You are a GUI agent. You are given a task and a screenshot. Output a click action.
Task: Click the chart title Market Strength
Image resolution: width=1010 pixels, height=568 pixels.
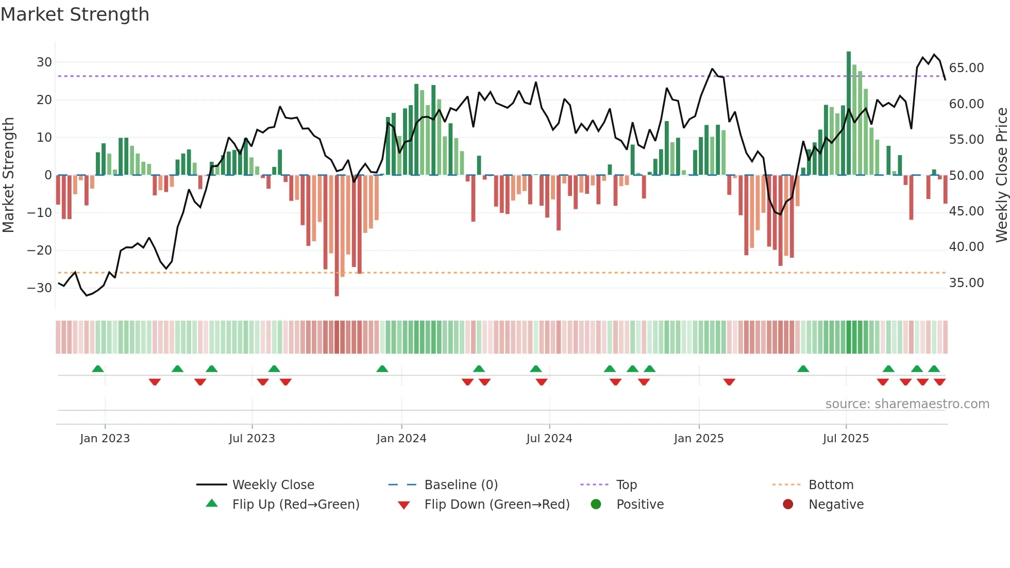(75, 14)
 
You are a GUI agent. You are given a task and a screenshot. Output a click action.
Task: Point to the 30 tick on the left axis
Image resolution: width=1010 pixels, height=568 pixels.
(44, 62)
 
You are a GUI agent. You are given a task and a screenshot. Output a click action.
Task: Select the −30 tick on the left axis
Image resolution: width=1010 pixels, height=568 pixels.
(40, 288)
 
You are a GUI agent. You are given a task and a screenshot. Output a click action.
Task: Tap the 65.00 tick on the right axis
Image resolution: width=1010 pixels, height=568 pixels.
(966, 68)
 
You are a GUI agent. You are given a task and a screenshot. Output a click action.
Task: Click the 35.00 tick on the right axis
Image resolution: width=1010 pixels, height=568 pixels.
(966, 283)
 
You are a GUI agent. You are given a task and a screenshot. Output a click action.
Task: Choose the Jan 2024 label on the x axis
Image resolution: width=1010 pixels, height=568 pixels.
(401, 439)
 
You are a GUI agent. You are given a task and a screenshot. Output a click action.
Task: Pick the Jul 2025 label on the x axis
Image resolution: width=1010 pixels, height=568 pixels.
(846, 439)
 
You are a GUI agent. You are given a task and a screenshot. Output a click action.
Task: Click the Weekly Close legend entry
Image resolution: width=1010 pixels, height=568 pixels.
(273, 485)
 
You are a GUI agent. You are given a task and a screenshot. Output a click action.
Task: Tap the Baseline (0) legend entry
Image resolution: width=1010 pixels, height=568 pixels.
(461, 485)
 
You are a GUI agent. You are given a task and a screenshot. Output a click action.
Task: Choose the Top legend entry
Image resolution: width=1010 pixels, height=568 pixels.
(626, 485)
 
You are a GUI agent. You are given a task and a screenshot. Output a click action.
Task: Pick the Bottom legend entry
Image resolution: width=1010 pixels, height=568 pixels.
(831, 485)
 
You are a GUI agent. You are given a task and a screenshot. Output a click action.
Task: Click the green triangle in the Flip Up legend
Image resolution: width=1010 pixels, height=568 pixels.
(212, 504)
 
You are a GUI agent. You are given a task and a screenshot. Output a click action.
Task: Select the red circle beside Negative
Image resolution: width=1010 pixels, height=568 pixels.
(788, 504)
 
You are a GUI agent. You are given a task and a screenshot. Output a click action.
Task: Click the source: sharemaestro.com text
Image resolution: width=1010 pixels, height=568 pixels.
(907, 404)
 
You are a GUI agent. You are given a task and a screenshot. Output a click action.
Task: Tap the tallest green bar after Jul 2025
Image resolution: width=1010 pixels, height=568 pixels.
(849, 113)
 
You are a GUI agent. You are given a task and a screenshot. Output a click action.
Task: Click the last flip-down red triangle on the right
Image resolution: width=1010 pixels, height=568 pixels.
(939, 382)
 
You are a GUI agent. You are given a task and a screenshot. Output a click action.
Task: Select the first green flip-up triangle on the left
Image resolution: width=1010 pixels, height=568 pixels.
(98, 369)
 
